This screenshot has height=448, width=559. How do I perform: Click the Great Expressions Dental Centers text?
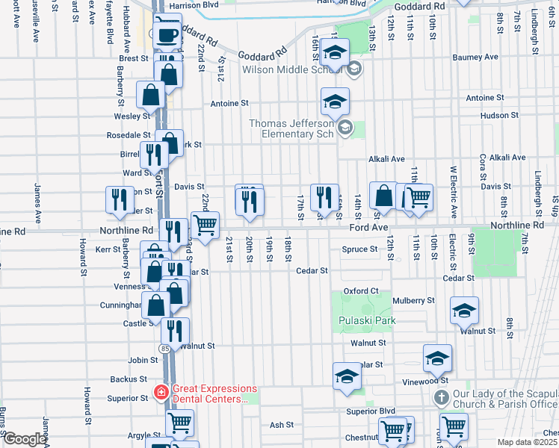pyautogui.click(x=214, y=393)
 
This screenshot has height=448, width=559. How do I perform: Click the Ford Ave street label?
pyautogui.click(x=370, y=225)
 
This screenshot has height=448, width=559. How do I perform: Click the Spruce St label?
pyautogui.click(x=359, y=249)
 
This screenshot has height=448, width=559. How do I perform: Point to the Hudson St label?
pyautogui.click(x=500, y=115)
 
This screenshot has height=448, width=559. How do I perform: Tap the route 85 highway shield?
pyautogui.click(x=164, y=349)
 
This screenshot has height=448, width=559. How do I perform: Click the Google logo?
pyautogui.click(x=24, y=439)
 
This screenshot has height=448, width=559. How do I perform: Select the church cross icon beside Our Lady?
pyautogui.click(x=441, y=396)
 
